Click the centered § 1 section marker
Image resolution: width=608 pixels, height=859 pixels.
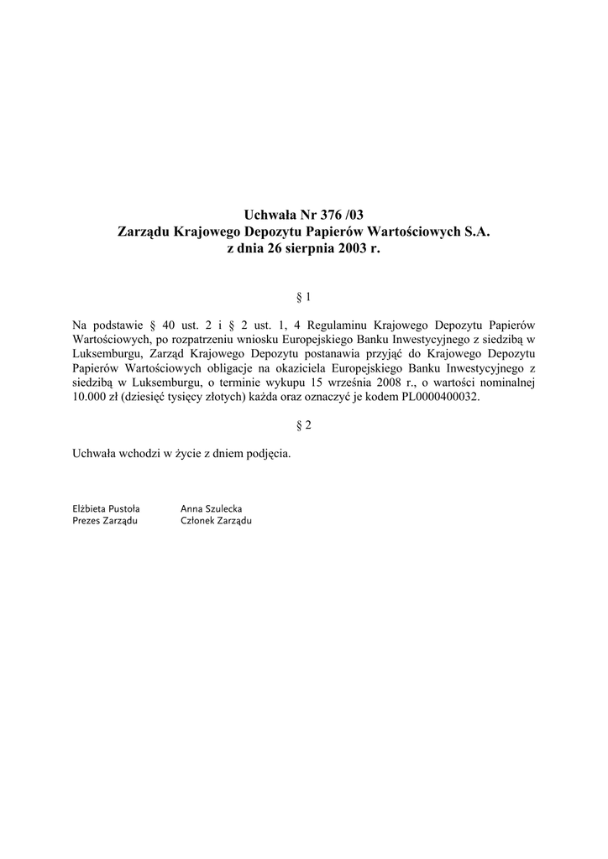click(x=305, y=297)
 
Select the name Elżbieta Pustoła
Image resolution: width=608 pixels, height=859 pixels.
click(x=107, y=508)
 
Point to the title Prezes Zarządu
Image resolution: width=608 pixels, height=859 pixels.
click(x=105, y=521)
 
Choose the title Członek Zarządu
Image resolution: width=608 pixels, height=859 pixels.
click(x=216, y=521)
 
